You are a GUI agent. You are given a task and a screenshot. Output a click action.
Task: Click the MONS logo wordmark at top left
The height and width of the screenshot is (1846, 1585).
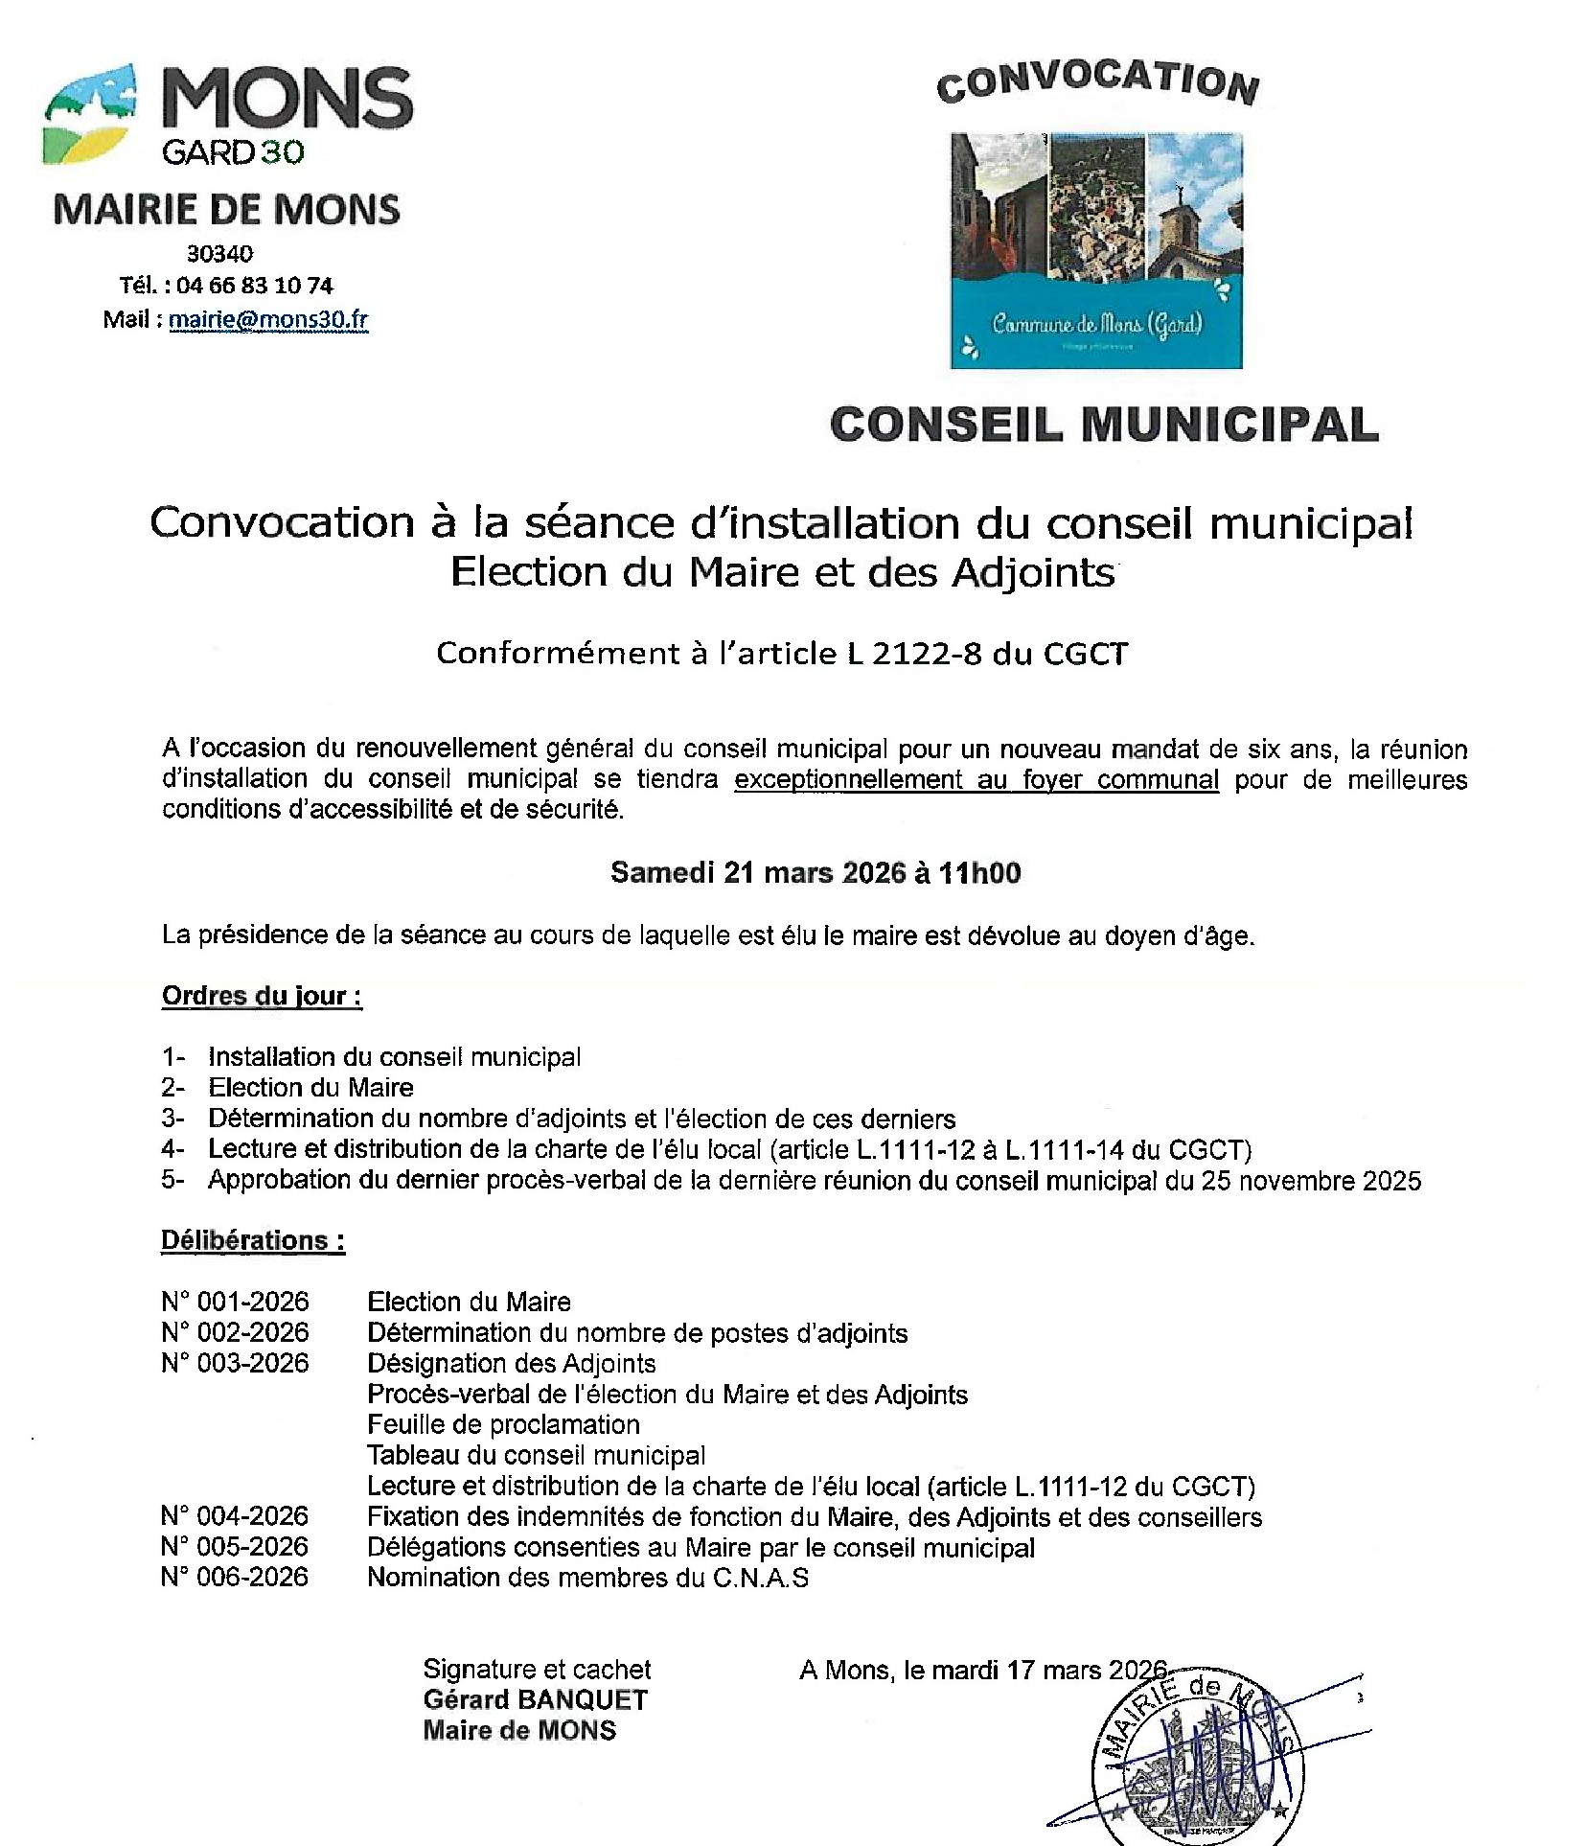pos(287,99)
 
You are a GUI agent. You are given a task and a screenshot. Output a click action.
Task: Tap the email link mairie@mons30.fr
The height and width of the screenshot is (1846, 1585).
pos(268,320)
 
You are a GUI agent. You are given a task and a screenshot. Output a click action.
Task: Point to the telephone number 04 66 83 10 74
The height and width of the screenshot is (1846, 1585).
pos(255,286)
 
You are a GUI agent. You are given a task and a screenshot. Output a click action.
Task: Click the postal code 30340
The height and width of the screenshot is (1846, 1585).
pos(220,254)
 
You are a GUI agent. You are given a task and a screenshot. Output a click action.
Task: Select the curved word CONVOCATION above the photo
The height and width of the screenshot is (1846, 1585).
pos(1097,81)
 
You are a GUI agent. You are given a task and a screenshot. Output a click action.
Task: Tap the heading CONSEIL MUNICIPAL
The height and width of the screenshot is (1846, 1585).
pos(1104,425)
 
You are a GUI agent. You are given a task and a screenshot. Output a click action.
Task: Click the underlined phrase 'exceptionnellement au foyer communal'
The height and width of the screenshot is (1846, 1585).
pos(976,779)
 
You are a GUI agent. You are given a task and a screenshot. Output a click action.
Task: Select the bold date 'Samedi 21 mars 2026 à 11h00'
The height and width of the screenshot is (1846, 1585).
pos(815,872)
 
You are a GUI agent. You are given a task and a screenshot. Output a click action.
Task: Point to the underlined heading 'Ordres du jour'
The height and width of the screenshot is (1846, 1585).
pos(261,996)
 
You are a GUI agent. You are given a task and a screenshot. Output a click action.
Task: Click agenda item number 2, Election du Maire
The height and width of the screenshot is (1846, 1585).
pos(310,1088)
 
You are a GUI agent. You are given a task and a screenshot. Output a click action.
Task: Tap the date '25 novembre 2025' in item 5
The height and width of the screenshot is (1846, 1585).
pos(1311,1181)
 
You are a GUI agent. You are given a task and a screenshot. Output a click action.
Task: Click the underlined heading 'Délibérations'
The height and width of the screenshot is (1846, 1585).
pos(252,1240)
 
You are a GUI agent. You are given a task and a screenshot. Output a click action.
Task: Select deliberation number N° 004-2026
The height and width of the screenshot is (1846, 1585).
pos(235,1516)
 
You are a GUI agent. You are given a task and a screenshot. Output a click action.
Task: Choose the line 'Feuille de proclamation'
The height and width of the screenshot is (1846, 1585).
pos(503,1424)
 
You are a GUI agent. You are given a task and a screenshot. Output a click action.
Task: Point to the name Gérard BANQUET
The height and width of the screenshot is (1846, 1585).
pos(536,1699)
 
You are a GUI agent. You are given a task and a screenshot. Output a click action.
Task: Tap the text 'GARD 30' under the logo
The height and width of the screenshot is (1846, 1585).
pos(233,152)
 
